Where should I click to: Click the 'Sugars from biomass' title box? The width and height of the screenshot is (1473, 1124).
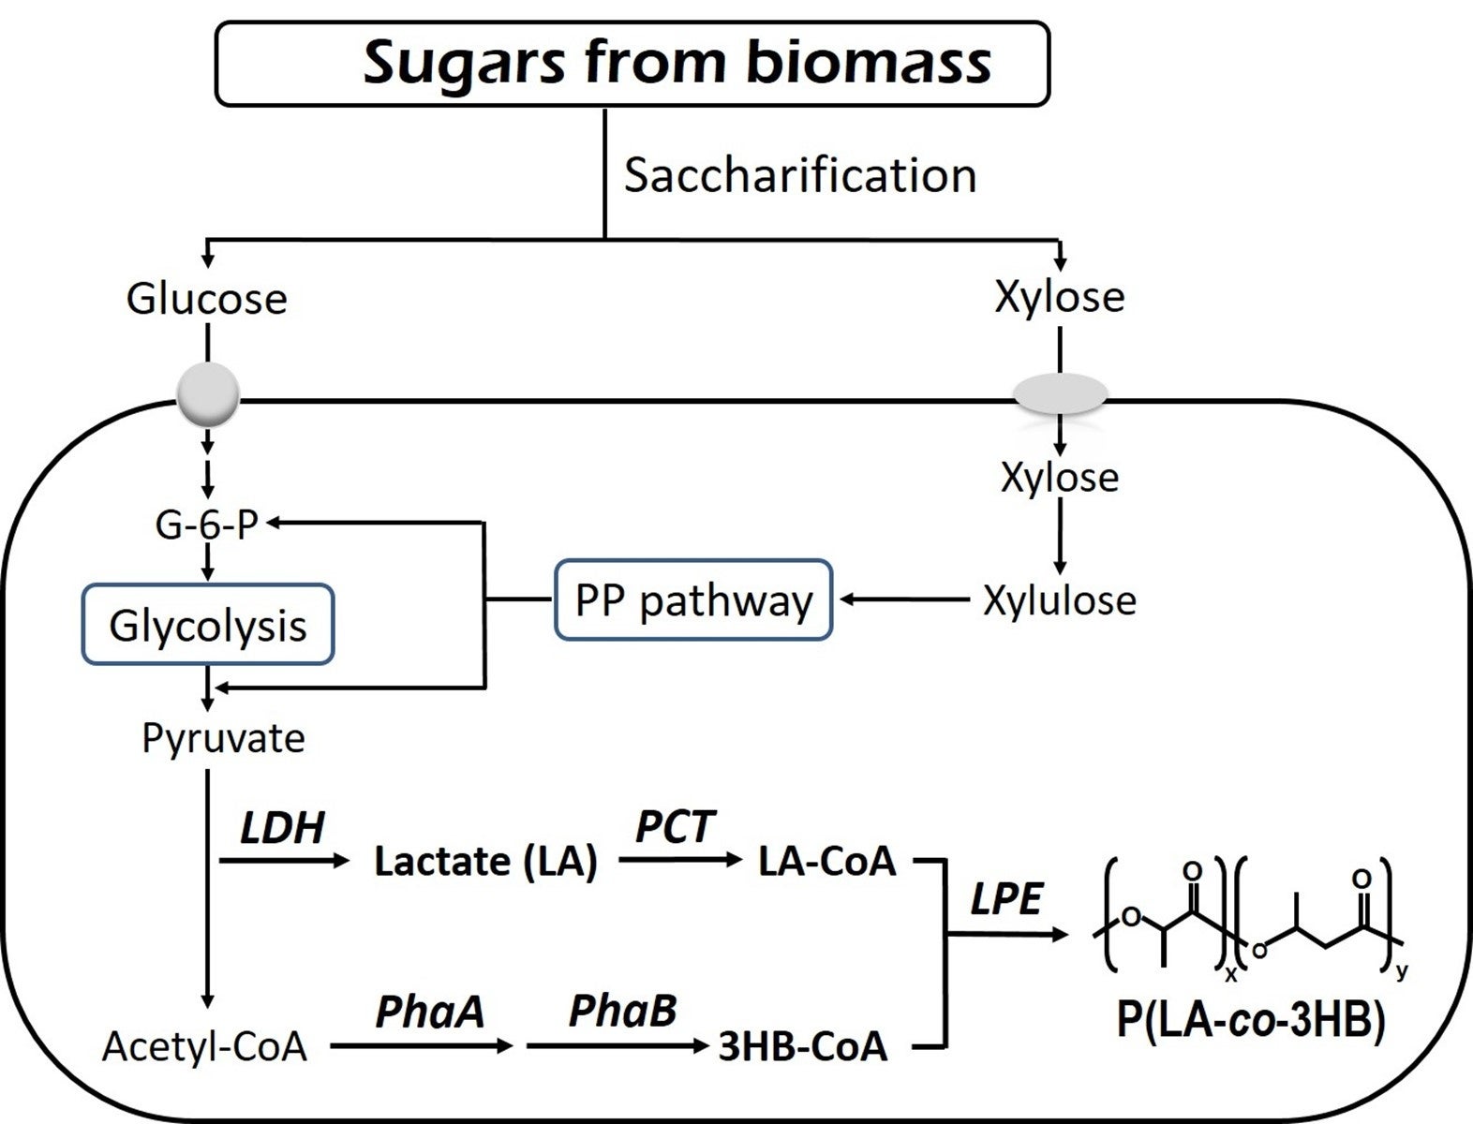(x=632, y=64)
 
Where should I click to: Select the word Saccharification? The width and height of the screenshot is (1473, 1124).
(x=800, y=176)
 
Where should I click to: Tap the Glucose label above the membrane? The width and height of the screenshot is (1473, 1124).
(x=207, y=299)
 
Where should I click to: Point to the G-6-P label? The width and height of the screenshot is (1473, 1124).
(x=206, y=525)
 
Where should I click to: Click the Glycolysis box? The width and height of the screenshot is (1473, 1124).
(x=208, y=625)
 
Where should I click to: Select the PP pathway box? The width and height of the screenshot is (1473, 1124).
(x=693, y=600)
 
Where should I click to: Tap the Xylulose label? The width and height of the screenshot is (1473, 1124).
(x=1060, y=600)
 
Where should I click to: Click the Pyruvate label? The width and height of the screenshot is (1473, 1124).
(x=223, y=738)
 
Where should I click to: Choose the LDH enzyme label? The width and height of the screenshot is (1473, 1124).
(x=282, y=828)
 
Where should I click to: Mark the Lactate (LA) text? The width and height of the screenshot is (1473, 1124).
(x=485, y=862)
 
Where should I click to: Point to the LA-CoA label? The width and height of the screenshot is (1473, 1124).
(x=827, y=862)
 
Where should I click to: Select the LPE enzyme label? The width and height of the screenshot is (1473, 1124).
(x=1006, y=899)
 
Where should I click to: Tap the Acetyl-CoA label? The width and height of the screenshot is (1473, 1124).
(x=205, y=1046)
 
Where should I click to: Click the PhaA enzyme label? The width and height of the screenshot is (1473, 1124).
(x=430, y=1012)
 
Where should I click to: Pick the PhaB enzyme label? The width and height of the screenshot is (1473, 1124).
(x=622, y=1012)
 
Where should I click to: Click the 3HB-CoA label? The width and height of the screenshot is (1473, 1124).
(x=803, y=1046)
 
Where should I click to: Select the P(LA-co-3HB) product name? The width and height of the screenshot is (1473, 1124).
(x=1250, y=1021)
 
